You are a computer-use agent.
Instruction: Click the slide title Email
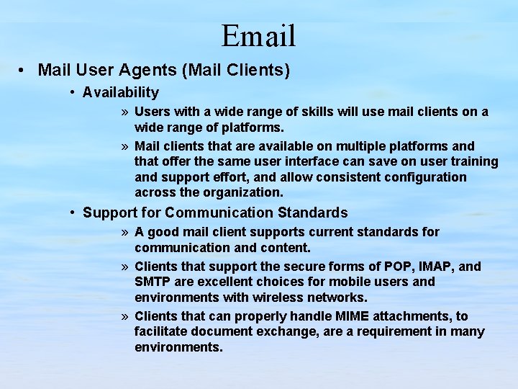click(258, 35)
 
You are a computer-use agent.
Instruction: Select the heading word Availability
click(121, 92)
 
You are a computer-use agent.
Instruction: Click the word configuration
click(423, 177)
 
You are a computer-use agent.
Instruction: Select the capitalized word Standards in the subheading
click(313, 213)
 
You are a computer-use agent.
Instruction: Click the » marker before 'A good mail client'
click(125, 233)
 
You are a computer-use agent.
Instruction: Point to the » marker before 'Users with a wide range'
click(125, 112)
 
